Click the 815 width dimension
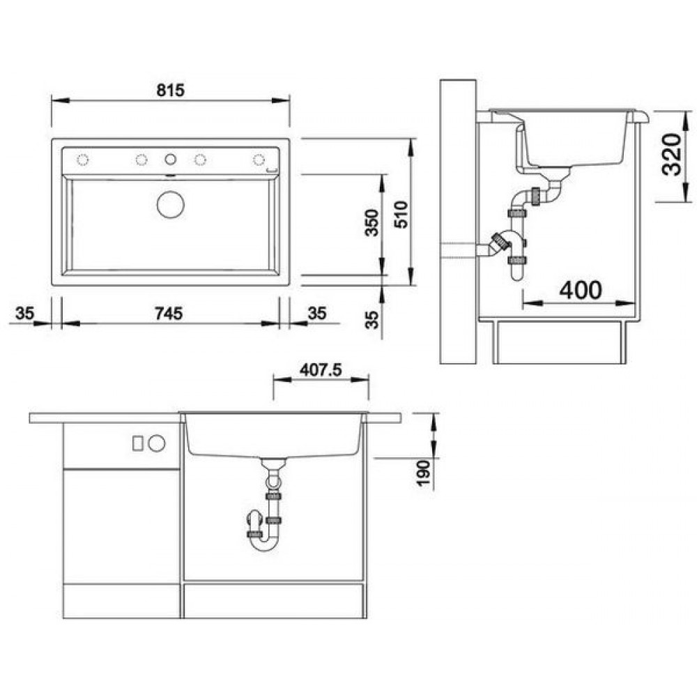(170, 90)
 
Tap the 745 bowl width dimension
(169, 314)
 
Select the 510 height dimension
(401, 215)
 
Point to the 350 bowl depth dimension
(372, 223)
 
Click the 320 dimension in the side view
(671, 155)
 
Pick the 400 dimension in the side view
(581, 290)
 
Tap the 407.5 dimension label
(321, 370)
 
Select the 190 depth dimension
(424, 473)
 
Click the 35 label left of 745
(25, 314)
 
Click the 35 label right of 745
(317, 314)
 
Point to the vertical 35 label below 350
(372, 320)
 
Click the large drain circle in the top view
(170, 204)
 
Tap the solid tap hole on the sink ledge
(170, 159)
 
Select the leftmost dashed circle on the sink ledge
(83, 160)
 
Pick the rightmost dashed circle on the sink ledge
(259, 160)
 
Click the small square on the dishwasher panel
(138, 443)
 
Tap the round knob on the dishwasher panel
(156, 443)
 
